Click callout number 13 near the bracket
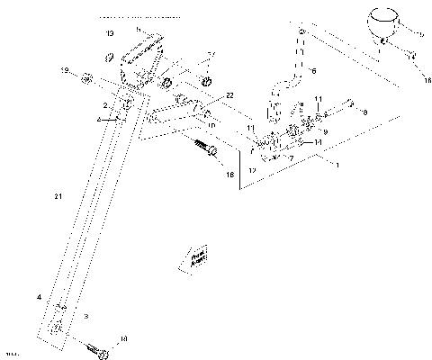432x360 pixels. click(x=109, y=32)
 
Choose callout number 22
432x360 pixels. click(x=204, y=94)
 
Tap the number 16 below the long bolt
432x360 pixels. click(x=229, y=175)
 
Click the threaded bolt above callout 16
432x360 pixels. click(x=205, y=147)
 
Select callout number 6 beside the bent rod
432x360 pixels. click(x=314, y=68)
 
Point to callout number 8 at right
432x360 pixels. click(x=365, y=112)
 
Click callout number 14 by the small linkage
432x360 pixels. click(x=319, y=142)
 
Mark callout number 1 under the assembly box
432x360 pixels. click(x=337, y=166)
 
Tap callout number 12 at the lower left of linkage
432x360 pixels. click(x=253, y=169)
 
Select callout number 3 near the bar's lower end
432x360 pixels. click(x=85, y=316)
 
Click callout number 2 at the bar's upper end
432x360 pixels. click(x=105, y=105)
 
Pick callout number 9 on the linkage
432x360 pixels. click(x=325, y=131)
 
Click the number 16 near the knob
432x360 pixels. click(x=416, y=80)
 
